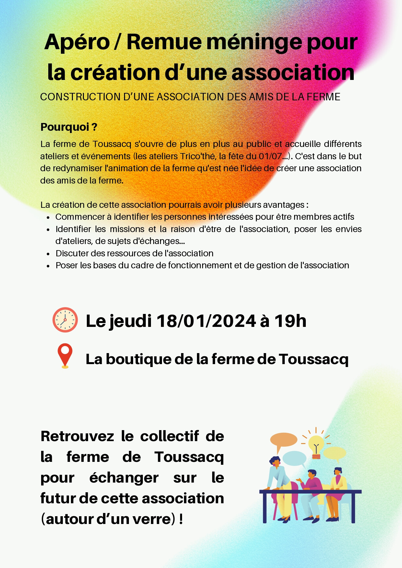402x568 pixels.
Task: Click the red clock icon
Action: pos(65,320)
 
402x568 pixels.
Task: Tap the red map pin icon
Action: pos(65,355)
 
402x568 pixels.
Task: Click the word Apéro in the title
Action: pos(77,42)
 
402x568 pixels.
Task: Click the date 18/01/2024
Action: pos(206,321)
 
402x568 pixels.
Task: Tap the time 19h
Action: pos(290,321)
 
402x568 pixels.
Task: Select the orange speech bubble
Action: pos(283,440)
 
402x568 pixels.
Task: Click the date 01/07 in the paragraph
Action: pos(270,156)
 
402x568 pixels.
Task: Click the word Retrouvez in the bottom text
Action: pos(77,436)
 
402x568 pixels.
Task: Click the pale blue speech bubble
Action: pos(294,458)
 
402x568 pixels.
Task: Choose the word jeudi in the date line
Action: pos(130,322)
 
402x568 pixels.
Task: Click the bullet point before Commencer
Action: pos(48,217)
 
